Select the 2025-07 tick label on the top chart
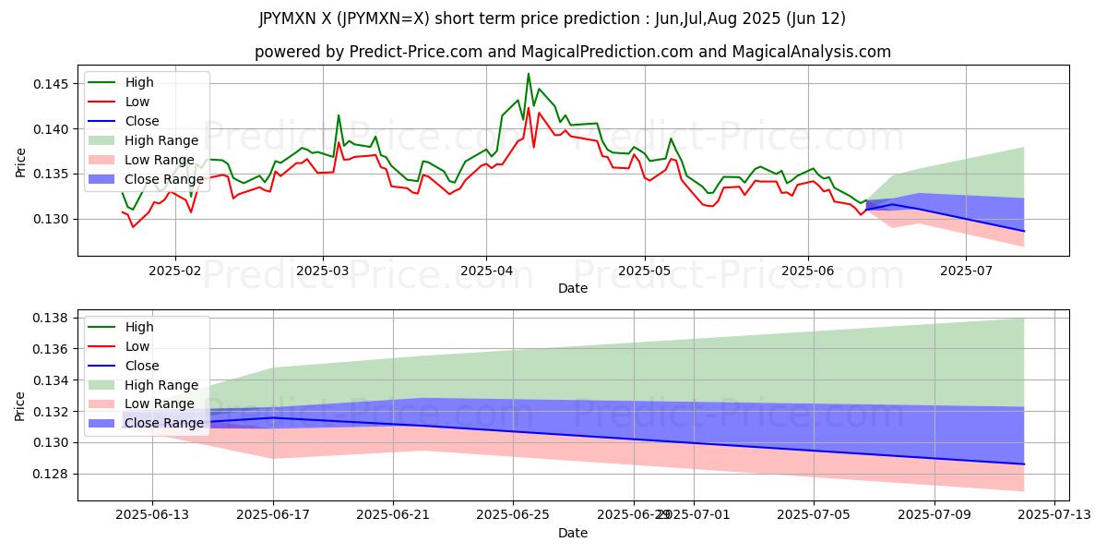coord(966,271)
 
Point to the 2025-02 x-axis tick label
coord(175,271)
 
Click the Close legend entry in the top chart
coord(142,121)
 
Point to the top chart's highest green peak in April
coord(529,74)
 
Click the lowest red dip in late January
coord(133,226)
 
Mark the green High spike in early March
coord(339,115)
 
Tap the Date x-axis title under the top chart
coord(573,289)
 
